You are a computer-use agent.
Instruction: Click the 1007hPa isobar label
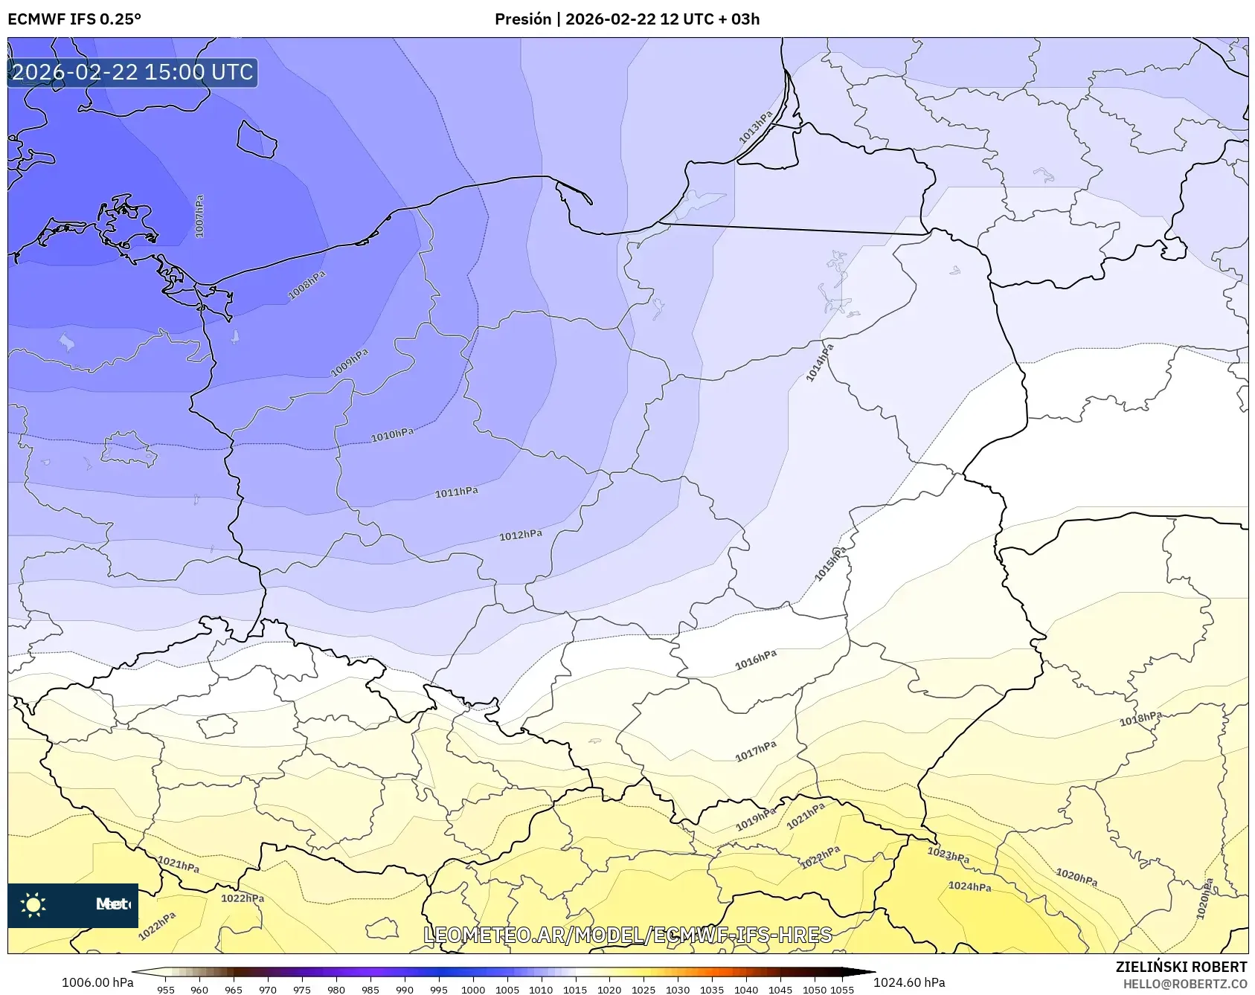pos(199,216)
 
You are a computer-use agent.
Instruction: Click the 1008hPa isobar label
pos(307,286)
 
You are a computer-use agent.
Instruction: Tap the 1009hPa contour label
pos(350,362)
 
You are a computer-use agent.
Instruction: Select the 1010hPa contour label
pos(392,435)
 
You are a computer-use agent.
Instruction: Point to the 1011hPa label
pos(456,492)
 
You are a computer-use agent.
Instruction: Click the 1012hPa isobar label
pos(520,535)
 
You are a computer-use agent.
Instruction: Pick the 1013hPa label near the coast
pos(755,127)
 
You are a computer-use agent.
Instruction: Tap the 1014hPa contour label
pos(820,363)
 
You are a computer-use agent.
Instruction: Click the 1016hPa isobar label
pos(756,660)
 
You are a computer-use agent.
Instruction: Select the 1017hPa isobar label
pos(756,751)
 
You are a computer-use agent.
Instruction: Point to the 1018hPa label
pos(1140,718)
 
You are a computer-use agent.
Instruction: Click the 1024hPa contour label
pos(969,886)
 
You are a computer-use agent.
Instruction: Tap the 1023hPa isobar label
pos(948,855)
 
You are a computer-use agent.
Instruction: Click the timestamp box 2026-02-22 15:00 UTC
pos(132,72)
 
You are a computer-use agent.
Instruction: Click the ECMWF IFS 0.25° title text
pos(74,19)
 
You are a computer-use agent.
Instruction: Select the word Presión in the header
pos(523,19)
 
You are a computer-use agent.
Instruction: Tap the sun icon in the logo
pos(33,904)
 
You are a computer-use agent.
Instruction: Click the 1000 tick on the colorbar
pos(473,990)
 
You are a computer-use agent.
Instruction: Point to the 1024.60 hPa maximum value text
pos(909,982)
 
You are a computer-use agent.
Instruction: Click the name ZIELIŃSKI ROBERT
pos(1181,967)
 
